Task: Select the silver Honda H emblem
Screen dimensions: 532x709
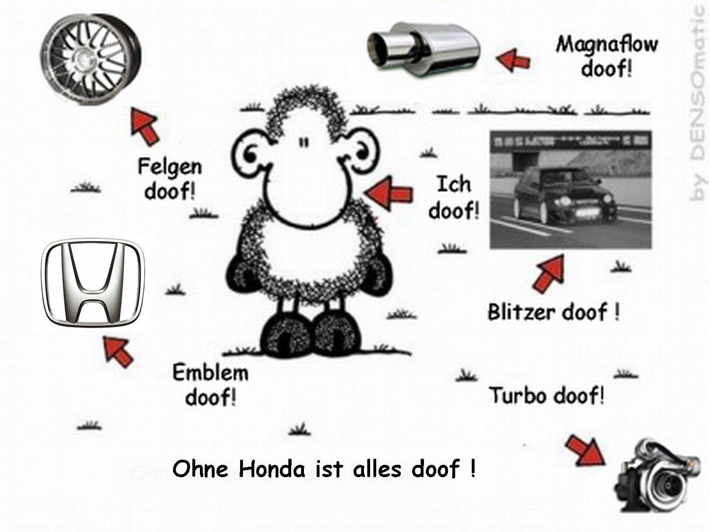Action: click(93, 282)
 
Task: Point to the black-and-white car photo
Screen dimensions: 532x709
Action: click(571, 190)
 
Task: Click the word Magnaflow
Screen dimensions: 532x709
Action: click(606, 44)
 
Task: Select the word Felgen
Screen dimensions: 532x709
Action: click(170, 167)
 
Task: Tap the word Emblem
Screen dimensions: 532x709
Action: click(210, 373)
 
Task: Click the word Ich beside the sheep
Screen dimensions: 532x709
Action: click(453, 184)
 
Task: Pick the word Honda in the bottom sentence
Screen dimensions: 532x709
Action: click(272, 469)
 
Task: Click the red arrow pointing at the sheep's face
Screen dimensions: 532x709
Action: click(389, 193)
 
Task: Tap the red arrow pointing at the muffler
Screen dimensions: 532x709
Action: click(513, 60)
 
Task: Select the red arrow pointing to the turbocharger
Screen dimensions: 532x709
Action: click(585, 450)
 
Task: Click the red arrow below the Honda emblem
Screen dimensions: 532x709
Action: click(118, 351)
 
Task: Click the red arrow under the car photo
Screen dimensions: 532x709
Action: click(549, 273)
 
